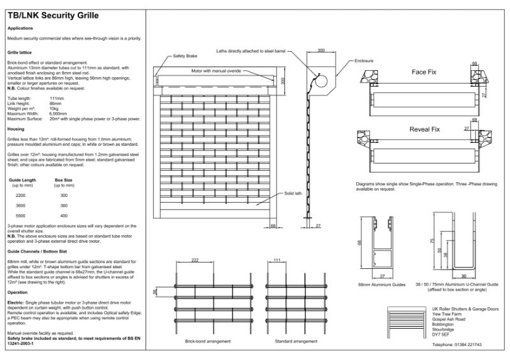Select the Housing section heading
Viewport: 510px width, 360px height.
[x=16, y=129]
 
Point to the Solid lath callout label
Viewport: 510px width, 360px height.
[x=293, y=194]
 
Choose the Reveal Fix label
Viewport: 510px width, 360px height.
[x=425, y=129]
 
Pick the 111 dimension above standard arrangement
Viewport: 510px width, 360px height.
[x=277, y=261]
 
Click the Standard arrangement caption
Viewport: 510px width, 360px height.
[x=296, y=342]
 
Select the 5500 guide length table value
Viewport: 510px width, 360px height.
[x=20, y=216]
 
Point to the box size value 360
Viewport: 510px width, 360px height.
[x=63, y=206]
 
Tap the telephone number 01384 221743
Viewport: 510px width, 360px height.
[x=456, y=344]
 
